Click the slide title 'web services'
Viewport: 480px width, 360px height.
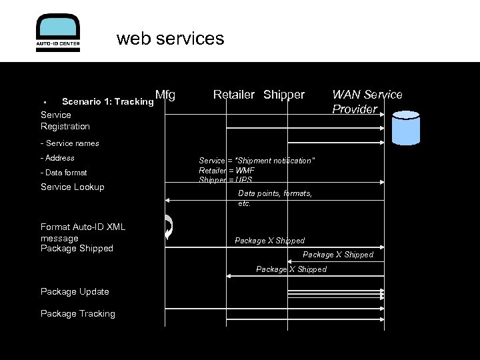[171, 39]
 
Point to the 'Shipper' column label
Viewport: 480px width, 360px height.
[284, 95]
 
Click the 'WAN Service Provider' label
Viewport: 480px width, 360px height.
[367, 102]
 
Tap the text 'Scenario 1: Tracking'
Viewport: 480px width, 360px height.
[107, 102]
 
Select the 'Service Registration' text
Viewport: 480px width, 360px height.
[65, 121]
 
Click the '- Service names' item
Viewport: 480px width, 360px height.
[70, 143]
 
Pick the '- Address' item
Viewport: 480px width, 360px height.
[58, 158]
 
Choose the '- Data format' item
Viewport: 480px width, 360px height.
[64, 173]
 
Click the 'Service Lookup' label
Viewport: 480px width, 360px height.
[73, 187]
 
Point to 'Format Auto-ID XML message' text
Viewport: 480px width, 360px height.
[83, 232]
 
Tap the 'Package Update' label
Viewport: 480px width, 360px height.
[75, 292]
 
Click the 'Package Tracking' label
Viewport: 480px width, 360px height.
[78, 314]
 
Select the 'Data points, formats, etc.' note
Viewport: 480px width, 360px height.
[275, 198]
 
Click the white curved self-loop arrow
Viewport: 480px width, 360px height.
[169, 227]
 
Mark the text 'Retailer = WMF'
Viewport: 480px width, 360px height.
[227, 171]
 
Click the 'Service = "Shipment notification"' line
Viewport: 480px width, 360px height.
[257, 161]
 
